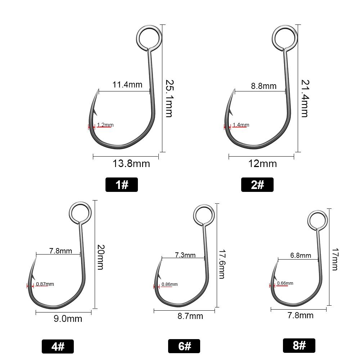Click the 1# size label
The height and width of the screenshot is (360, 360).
(x=121, y=185)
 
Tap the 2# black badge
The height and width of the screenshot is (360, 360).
(x=257, y=185)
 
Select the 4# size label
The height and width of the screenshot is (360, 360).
(x=58, y=346)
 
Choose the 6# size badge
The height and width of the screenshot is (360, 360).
(x=184, y=346)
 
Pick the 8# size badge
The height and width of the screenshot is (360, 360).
(x=299, y=345)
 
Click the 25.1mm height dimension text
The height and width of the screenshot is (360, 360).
(x=170, y=99)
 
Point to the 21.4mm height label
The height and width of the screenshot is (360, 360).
(x=305, y=99)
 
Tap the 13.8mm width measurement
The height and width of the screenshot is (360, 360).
(x=131, y=164)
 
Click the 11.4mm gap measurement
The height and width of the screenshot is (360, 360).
(x=127, y=85)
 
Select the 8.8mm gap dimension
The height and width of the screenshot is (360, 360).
(x=264, y=86)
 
